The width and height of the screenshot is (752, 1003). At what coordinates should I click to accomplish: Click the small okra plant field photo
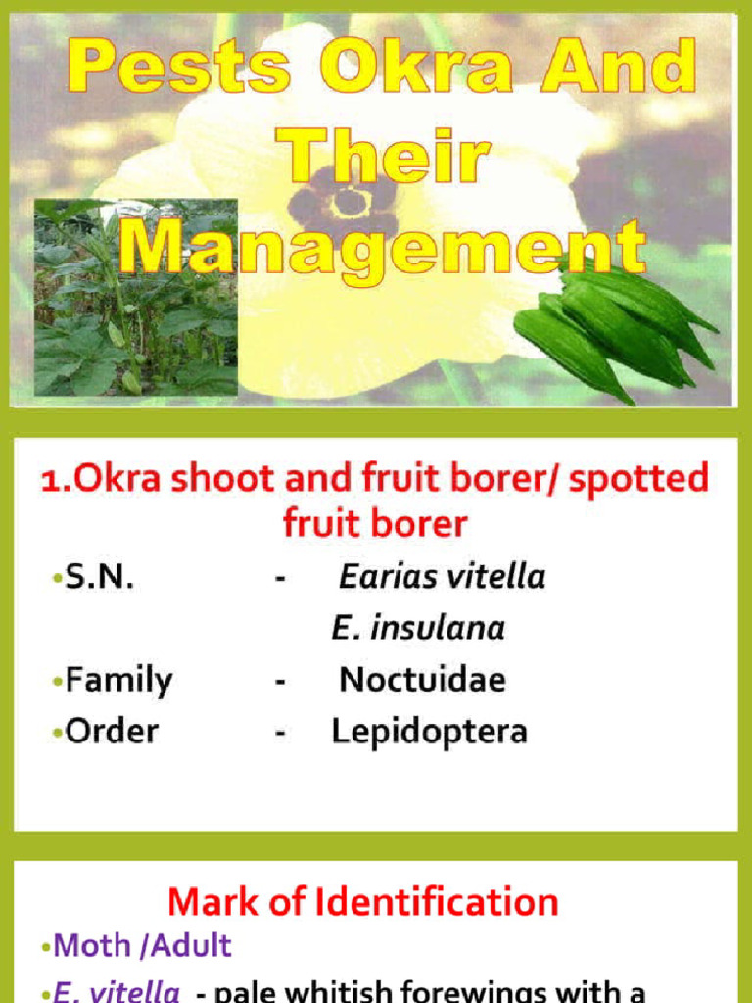tap(135, 296)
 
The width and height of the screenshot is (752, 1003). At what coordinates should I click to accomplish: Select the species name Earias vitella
tap(442, 577)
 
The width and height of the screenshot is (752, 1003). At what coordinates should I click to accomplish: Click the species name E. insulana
tap(418, 628)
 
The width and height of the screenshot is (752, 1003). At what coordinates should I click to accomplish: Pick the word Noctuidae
tap(422, 680)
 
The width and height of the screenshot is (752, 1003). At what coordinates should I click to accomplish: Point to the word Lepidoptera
tap(429, 732)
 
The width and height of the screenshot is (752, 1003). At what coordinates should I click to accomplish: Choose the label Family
tap(117, 680)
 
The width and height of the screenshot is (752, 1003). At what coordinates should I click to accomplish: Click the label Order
tap(111, 732)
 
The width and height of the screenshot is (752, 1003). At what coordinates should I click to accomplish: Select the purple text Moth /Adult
tap(143, 946)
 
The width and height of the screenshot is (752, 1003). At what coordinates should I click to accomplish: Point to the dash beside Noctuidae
tap(281, 680)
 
